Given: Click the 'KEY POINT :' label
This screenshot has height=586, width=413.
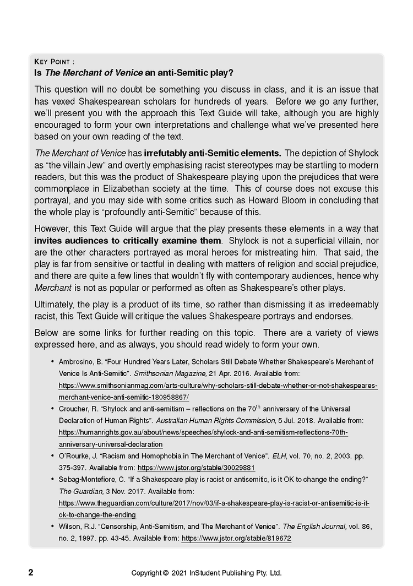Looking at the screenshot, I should click(x=55, y=62).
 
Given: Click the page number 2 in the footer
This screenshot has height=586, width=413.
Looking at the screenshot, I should click(x=31, y=572).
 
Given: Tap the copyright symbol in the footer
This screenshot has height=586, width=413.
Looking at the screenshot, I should click(x=165, y=573).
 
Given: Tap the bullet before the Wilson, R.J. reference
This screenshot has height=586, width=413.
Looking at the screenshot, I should click(x=52, y=527).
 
